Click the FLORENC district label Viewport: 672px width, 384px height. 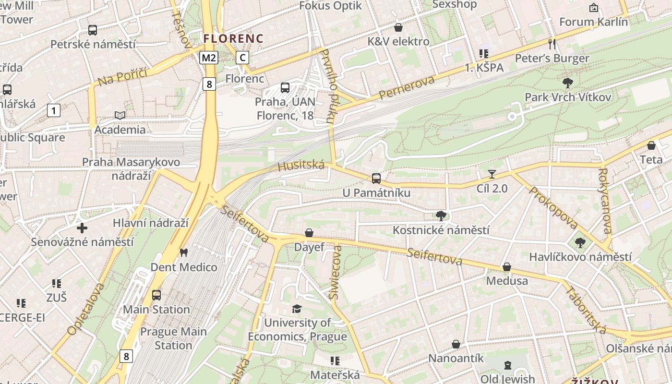pos(233,38)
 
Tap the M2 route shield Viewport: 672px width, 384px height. pos(209,58)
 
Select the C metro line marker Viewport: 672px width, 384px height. pos(242,58)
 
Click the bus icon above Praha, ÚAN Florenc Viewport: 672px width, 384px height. pos(285,88)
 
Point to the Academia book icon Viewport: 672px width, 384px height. pos(120,115)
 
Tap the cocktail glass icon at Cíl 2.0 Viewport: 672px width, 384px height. pos(492,174)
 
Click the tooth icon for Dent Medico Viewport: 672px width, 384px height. pos(183,252)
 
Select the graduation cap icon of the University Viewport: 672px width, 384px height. pos(297,309)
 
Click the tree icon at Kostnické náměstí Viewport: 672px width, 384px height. pos(441,216)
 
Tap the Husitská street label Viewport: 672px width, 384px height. pos(301,166)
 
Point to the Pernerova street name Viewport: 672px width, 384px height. pos(406,88)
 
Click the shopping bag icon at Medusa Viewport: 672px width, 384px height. pos(507,267)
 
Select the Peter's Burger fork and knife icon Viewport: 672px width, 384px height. pos(552,44)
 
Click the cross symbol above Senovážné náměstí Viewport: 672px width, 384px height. pos(82,228)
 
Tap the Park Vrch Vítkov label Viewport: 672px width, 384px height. pos(568,97)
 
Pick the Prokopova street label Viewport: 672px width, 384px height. pos(553,208)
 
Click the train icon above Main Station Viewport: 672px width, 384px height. pos(156,295)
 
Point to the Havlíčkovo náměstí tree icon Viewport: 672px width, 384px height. pos(580,243)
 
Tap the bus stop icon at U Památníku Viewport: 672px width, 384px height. pos(376,179)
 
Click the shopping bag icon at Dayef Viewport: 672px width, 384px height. pos(309,233)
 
